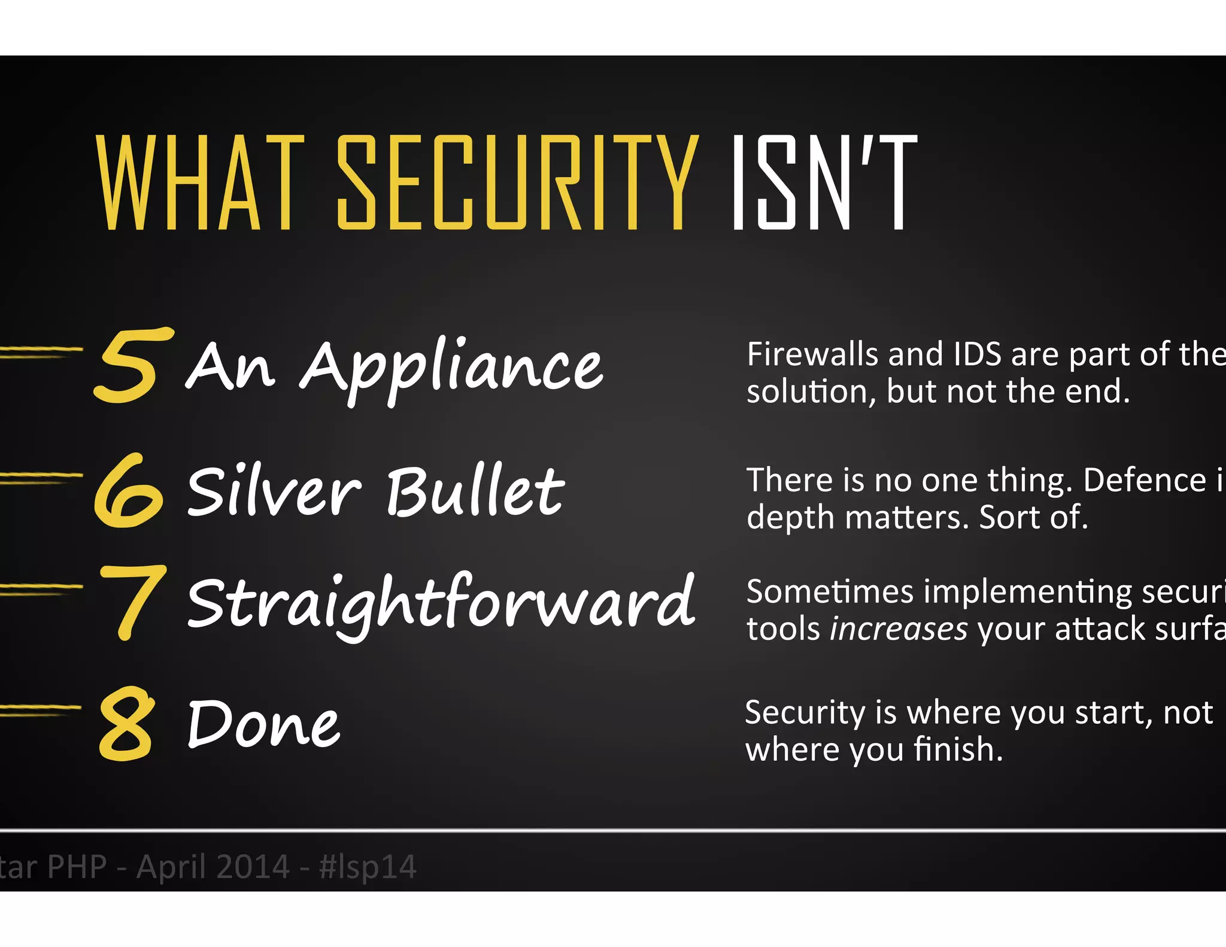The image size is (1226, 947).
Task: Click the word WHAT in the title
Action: tap(200, 183)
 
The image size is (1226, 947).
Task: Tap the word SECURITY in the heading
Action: tap(517, 183)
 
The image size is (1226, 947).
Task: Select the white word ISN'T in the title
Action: tap(824, 183)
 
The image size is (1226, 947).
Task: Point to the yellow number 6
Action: tap(128, 491)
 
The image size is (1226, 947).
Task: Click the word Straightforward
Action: tap(441, 603)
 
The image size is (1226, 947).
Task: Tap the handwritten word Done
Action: tap(263, 724)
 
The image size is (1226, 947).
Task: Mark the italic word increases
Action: tap(898, 629)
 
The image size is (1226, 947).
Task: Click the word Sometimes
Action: tap(830, 592)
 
